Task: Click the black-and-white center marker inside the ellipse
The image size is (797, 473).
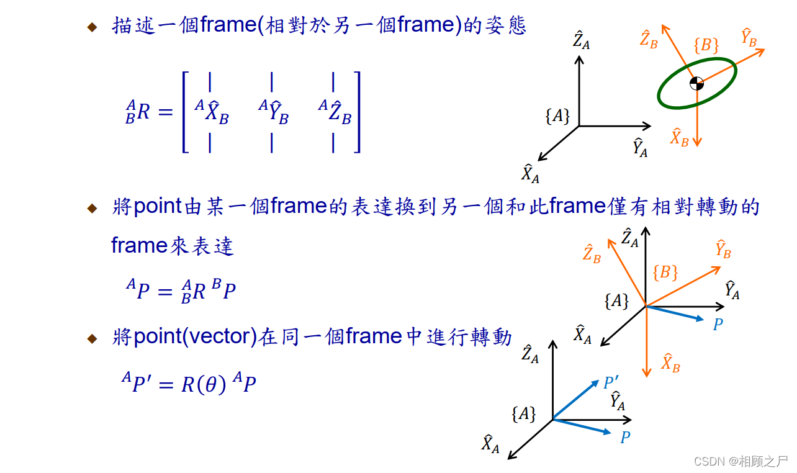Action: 696,83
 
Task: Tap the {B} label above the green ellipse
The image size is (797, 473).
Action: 706,45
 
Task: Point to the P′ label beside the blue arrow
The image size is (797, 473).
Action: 610,383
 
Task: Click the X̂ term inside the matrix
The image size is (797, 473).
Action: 212,112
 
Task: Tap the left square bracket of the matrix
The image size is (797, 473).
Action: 184,112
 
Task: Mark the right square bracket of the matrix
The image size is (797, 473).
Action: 356,112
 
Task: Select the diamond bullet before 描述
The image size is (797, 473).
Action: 92,27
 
